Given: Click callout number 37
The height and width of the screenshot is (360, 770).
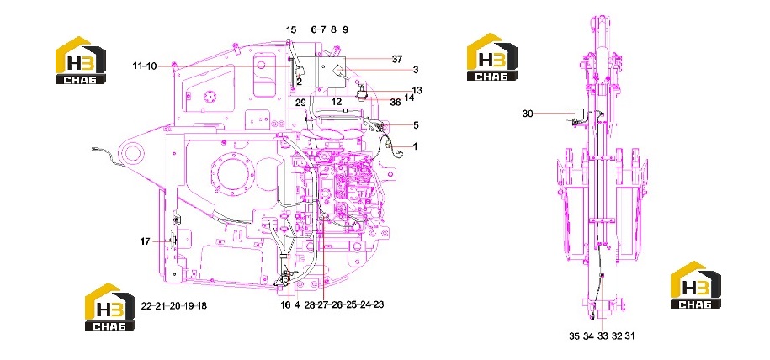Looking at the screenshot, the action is pos(397,59).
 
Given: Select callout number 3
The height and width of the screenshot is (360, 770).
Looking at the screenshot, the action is pos(416,70).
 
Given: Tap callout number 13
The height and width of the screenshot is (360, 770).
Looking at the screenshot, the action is pos(417,90).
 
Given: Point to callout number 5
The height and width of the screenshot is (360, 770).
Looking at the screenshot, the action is pos(416,125).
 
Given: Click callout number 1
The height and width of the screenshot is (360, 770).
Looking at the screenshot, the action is pos(415,146).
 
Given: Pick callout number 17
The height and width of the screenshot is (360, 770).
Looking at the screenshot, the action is pos(146,241).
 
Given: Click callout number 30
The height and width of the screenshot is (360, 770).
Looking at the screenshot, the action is pos(528,114).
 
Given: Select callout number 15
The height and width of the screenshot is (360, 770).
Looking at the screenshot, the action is pos(291,29).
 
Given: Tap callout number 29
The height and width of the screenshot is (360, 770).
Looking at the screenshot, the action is pos(300,102).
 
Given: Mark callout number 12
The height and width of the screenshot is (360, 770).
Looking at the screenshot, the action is pos(336,102).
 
